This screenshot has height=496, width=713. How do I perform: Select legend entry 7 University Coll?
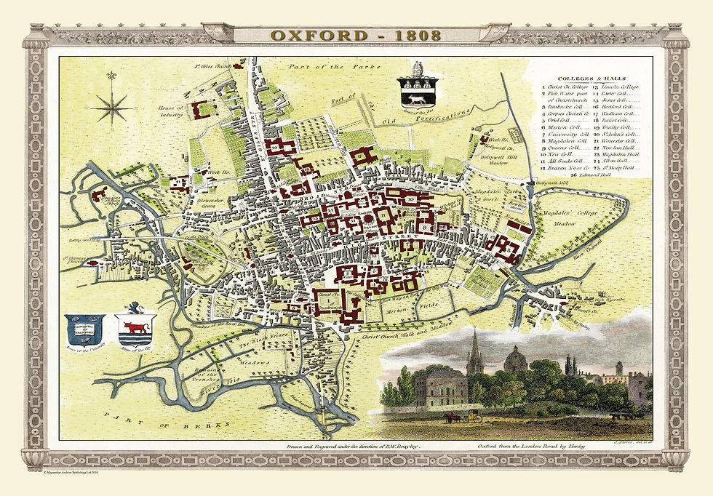pyautogui.click(x=565, y=135)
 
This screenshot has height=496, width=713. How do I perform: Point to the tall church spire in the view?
pyautogui.click(x=474, y=354)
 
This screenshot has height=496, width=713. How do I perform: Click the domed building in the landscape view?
pyautogui.click(x=515, y=360)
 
